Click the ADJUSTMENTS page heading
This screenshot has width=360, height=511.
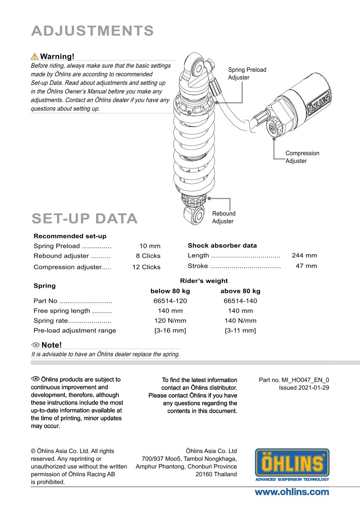click(92, 31)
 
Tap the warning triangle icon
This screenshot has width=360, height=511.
click(34, 56)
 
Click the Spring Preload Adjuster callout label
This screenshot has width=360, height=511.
click(247, 73)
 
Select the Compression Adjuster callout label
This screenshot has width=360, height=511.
click(302, 157)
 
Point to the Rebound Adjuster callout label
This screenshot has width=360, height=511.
click(224, 217)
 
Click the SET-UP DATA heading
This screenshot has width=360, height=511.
click(85, 219)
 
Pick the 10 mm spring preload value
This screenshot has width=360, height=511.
click(150, 246)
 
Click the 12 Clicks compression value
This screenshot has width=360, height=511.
click(146, 267)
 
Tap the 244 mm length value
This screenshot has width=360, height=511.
click(304, 255)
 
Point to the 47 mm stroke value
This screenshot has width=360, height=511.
click(306, 266)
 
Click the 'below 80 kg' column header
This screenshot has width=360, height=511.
click(170, 291)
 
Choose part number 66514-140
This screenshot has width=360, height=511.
click(240, 301)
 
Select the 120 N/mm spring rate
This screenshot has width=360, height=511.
click(170, 321)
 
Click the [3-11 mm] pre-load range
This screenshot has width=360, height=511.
click(240, 331)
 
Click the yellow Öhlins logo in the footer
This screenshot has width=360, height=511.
click(292, 465)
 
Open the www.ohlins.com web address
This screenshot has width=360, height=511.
click(292, 492)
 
